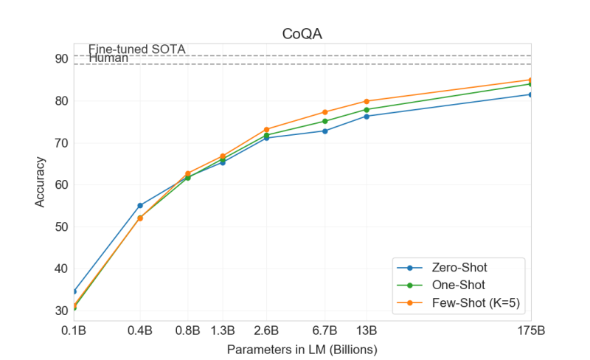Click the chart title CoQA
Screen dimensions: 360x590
[302, 33]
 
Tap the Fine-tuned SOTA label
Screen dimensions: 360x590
[136, 49]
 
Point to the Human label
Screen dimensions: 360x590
[108, 58]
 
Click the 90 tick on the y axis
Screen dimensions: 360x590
[60, 59]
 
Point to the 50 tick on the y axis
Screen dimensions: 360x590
[60, 227]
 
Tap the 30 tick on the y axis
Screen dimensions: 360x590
[60, 311]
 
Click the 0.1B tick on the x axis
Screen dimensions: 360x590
[74, 330]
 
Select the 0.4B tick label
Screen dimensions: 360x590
[140, 330]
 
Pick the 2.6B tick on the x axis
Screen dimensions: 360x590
[266, 330]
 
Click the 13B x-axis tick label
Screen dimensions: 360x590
[367, 330]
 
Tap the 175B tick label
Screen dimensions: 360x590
[530, 330]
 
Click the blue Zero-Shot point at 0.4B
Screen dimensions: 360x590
[140, 206]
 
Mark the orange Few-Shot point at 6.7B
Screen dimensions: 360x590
[325, 112]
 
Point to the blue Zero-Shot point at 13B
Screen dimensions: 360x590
[367, 117]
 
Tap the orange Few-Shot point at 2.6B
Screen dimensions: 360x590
[266, 130]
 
